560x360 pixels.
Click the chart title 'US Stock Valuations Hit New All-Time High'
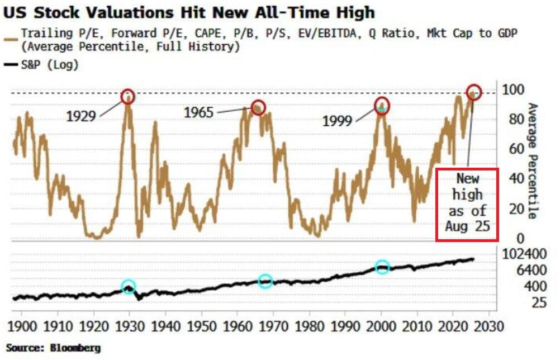[x=191, y=13]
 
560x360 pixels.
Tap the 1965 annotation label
[x=198, y=112]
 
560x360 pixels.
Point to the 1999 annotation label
[x=338, y=120]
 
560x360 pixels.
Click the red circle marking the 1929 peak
[x=128, y=97]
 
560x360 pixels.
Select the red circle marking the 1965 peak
[x=258, y=107]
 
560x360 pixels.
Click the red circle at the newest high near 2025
[x=474, y=92]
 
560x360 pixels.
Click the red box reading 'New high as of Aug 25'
[x=467, y=205]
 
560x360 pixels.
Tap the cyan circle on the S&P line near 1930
[x=129, y=287]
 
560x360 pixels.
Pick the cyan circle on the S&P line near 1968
[x=265, y=281]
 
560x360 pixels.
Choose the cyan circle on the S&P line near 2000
[x=382, y=267]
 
